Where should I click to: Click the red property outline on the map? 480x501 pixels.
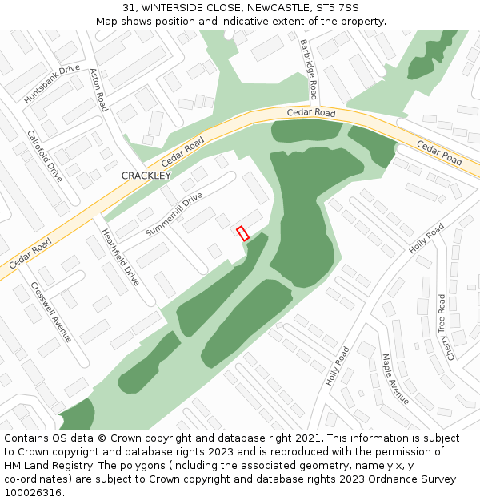click(243, 233)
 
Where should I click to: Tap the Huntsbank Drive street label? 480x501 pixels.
click(52, 83)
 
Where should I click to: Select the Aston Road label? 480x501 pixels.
click(98, 89)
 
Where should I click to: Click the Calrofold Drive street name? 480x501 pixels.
click(45, 156)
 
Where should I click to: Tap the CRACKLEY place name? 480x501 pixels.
click(146, 176)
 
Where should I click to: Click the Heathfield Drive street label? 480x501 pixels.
click(120, 257)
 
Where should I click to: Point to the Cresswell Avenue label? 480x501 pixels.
click(51, 312)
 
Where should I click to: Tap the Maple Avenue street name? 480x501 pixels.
click(395, 379)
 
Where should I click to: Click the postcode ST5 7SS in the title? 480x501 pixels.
click(337, 8)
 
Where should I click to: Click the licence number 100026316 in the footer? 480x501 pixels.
click(32, 493)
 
